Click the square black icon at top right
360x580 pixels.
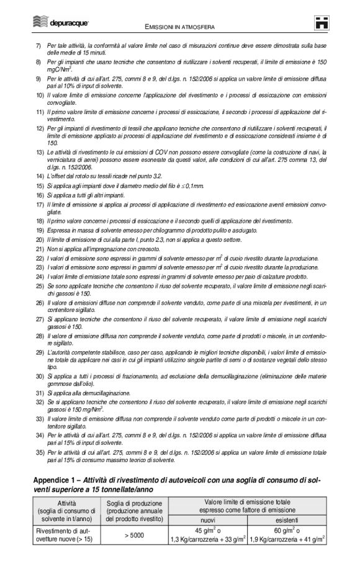320,23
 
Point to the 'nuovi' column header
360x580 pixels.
209,520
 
